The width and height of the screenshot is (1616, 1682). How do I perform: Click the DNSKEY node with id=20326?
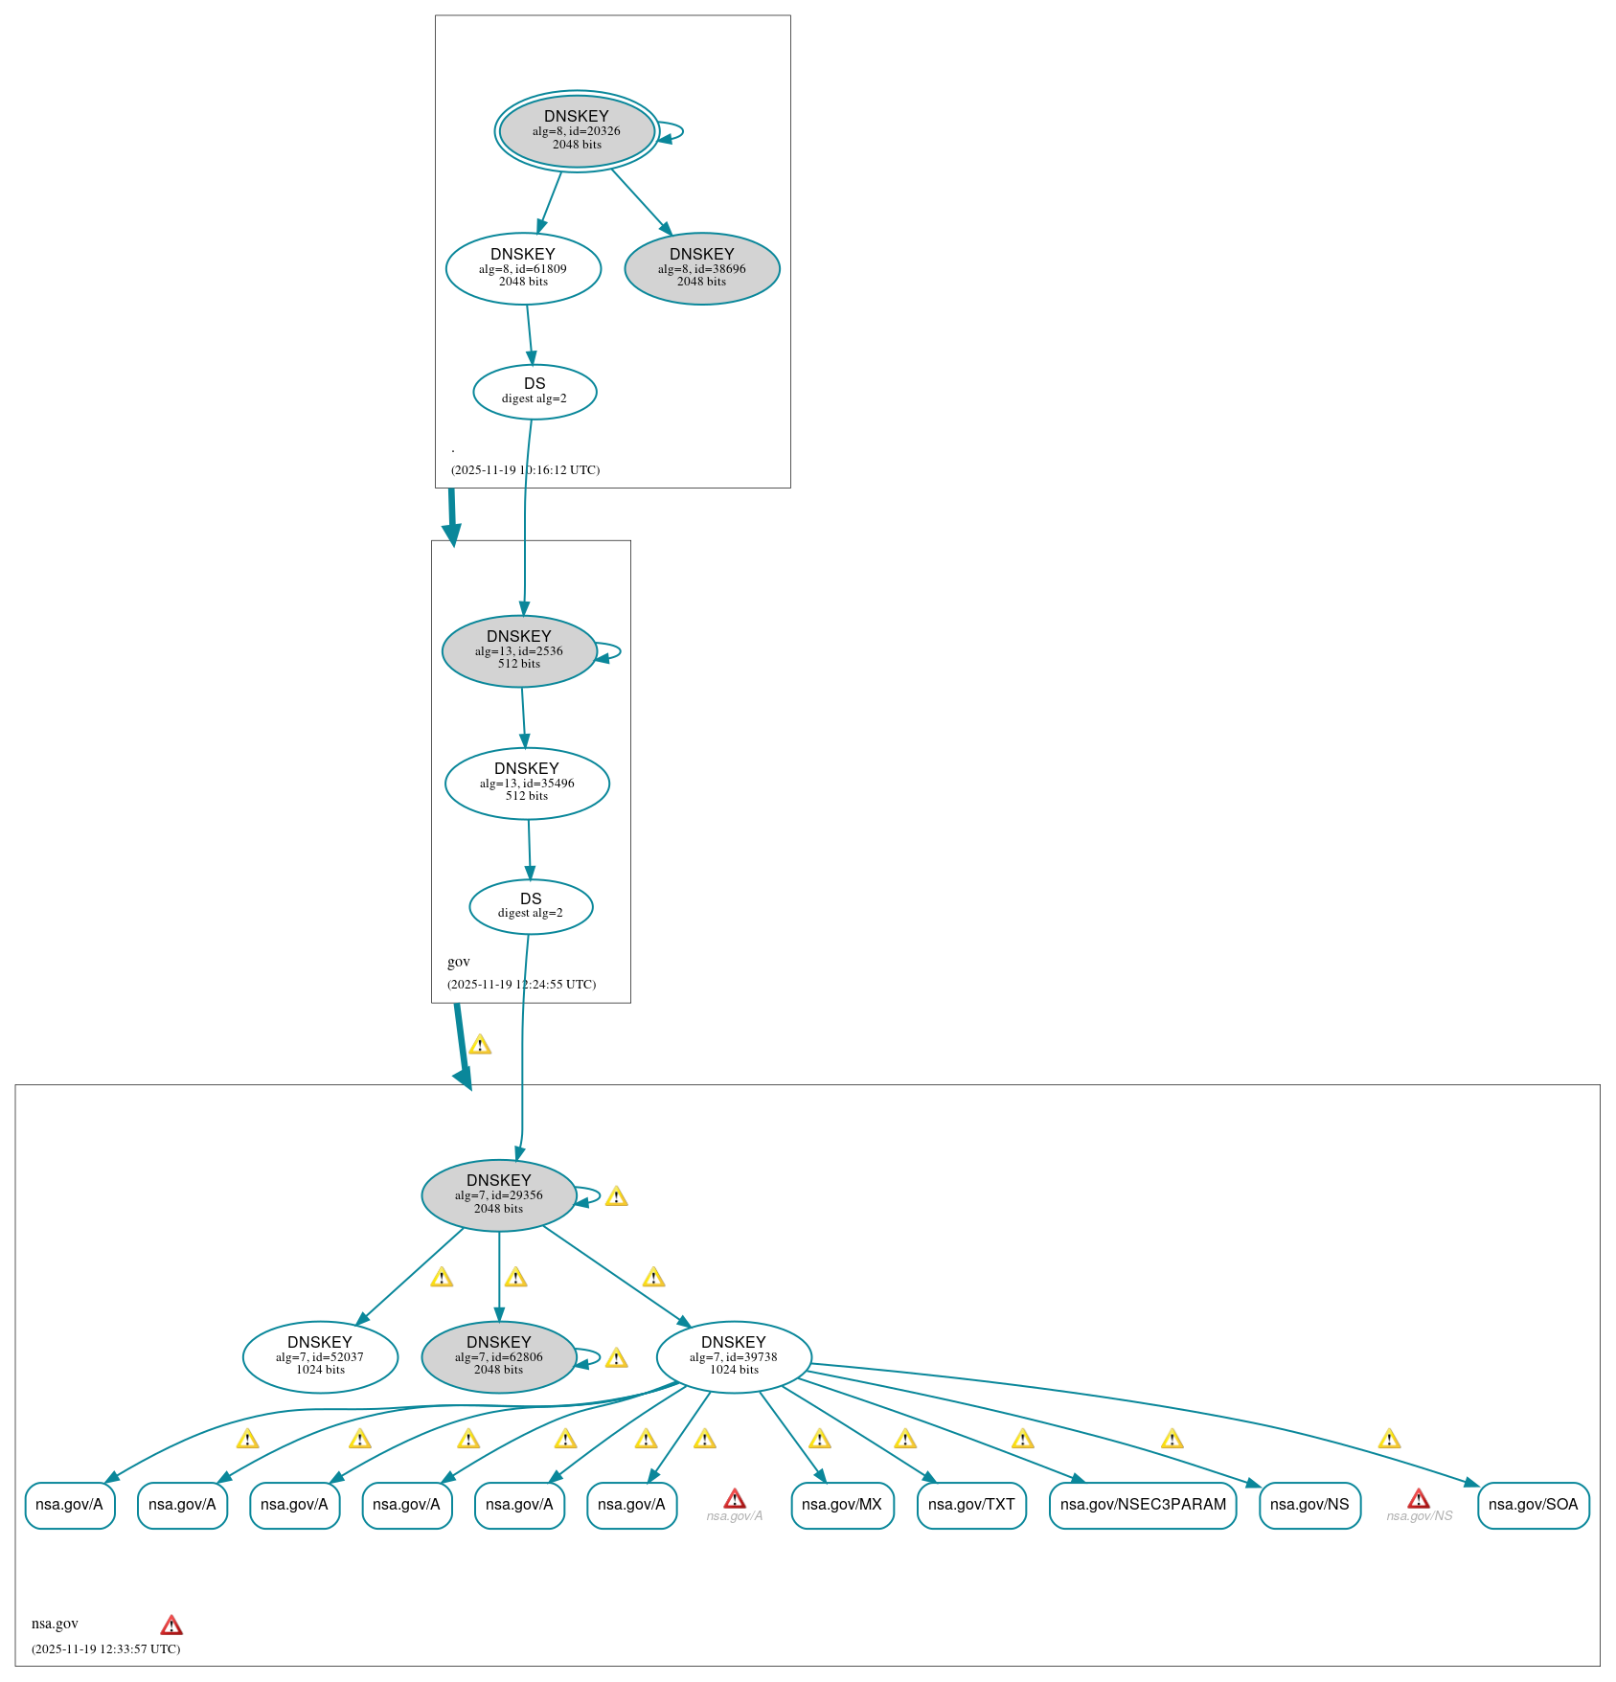click(x=577, y=131)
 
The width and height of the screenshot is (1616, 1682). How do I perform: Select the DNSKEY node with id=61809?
click(x=523, y=268)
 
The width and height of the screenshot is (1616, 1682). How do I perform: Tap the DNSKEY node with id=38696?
click(x=702, y=268)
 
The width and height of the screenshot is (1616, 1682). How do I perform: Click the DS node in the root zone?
click(x=535, y=391)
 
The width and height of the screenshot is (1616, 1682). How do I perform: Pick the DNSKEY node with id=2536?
click(x=519, y=650)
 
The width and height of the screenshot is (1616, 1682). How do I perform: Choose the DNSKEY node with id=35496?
click(x=527, y=783)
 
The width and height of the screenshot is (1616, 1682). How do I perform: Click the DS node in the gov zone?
click(x=531, y=906)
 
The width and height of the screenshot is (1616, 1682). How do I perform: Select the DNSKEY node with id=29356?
click(x=499, y=1194)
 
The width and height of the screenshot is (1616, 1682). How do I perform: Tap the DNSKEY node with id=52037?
click(x=320, y=1356)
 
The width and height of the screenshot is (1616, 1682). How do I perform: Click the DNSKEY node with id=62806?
click(x=499, y=1356)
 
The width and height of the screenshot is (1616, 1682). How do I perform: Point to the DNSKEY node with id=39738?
click(x=734, y=1356)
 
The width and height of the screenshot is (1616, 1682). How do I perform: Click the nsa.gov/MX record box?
click(x=842, y=1505)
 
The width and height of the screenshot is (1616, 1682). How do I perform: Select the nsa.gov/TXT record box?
click(x=971, y=1505)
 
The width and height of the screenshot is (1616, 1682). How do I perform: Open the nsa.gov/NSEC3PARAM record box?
click(x=1143, y=1505)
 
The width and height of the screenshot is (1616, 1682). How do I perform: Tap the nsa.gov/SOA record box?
click(x=1533, y=1505)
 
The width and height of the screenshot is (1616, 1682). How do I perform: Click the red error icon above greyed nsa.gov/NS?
click(x=1419, y=1499)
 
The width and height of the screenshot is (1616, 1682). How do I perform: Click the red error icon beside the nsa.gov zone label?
click(x=171, y=1625)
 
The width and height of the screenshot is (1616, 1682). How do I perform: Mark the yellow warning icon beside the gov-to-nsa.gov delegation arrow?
click(x=480, y=1045)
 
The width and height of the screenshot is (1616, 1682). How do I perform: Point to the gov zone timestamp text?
click(x=521, y=984)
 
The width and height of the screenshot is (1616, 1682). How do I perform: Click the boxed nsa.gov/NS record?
click(x=1309, y=1505)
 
